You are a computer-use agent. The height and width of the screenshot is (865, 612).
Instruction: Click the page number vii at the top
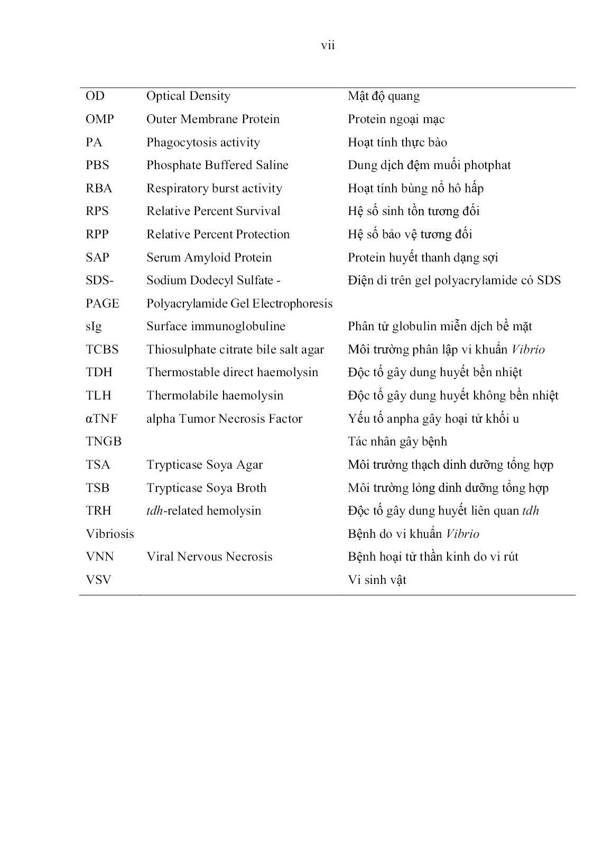tap(328, 45)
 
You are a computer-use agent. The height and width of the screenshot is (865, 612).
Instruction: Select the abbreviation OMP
tap(99, 119)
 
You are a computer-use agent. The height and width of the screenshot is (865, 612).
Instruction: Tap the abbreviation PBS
tap(97, 165)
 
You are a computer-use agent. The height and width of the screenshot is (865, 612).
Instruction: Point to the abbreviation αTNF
tap(101, 419)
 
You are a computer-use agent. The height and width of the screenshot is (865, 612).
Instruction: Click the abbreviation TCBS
tap(102, 350)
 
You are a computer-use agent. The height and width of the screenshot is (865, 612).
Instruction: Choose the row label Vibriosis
tap(109, 534)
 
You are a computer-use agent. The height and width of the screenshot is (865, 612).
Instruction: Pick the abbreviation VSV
tap(98, 580)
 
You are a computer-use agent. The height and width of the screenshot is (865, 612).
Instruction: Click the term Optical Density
tap(188, 96)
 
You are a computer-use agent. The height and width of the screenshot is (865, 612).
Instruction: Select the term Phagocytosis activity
tap(203, 143)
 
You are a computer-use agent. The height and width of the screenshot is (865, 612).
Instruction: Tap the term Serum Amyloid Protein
tap(209, 258)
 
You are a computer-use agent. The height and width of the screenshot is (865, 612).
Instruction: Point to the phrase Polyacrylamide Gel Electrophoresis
tap(239, 304)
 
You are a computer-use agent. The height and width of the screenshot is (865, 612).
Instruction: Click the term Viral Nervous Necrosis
tap(209, 557)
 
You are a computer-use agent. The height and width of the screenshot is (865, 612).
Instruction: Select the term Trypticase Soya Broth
tap(206, 488)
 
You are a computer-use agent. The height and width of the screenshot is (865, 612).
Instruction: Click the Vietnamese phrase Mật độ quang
tap(384, 96)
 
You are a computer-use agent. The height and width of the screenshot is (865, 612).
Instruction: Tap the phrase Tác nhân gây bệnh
tap(397, 442)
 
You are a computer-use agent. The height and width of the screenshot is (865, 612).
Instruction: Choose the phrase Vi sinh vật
tap(377, 580)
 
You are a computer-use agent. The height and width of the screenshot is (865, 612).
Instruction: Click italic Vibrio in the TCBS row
tap(528, 350)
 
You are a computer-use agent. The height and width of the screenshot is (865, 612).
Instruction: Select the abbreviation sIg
tap(94, 327)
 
